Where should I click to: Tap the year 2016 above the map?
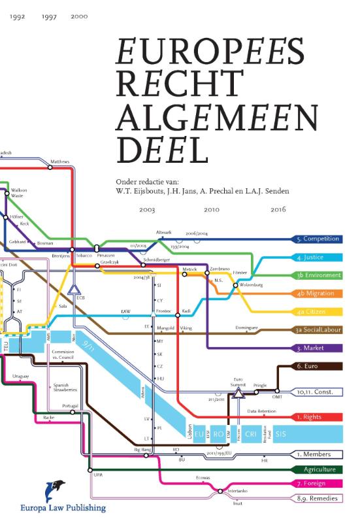pyautogui.click(x=278, y=210)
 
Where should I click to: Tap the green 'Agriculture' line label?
pyautogui.click(x=319, y=469)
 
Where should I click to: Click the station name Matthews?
pyautogui.click(x=59, y=161)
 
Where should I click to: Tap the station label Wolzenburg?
pyautogui.click(x=252, y=285)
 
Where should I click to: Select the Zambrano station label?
pyautogui.click(x=220, y=269)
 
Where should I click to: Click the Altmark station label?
pyautogui.click(x=163, y=233)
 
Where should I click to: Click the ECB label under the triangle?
pyautogui.click(x=81, y=297)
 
